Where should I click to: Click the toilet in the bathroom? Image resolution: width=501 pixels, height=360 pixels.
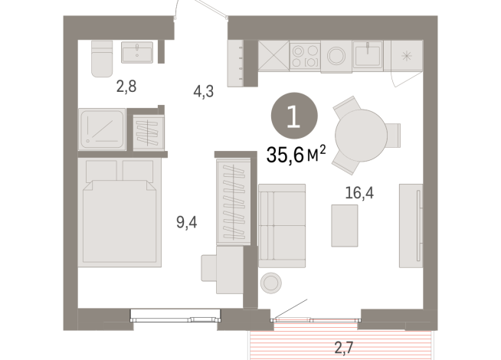tap(101, 58)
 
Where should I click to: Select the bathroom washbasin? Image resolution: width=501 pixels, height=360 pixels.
tap(137, 51)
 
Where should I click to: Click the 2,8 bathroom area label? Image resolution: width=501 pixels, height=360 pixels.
tap(126, 87)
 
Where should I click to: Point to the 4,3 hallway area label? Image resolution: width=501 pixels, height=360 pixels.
tap(203, 91)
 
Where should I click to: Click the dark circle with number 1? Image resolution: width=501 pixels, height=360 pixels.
tap(293, 116)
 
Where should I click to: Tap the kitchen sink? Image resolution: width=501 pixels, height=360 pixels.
tap(368, 54)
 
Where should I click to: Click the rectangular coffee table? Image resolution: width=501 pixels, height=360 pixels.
tap(344, 224)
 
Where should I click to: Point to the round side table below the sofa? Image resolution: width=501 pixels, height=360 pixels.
tap(271, 283)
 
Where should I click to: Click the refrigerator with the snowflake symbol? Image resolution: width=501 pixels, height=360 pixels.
tap(407, 56)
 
